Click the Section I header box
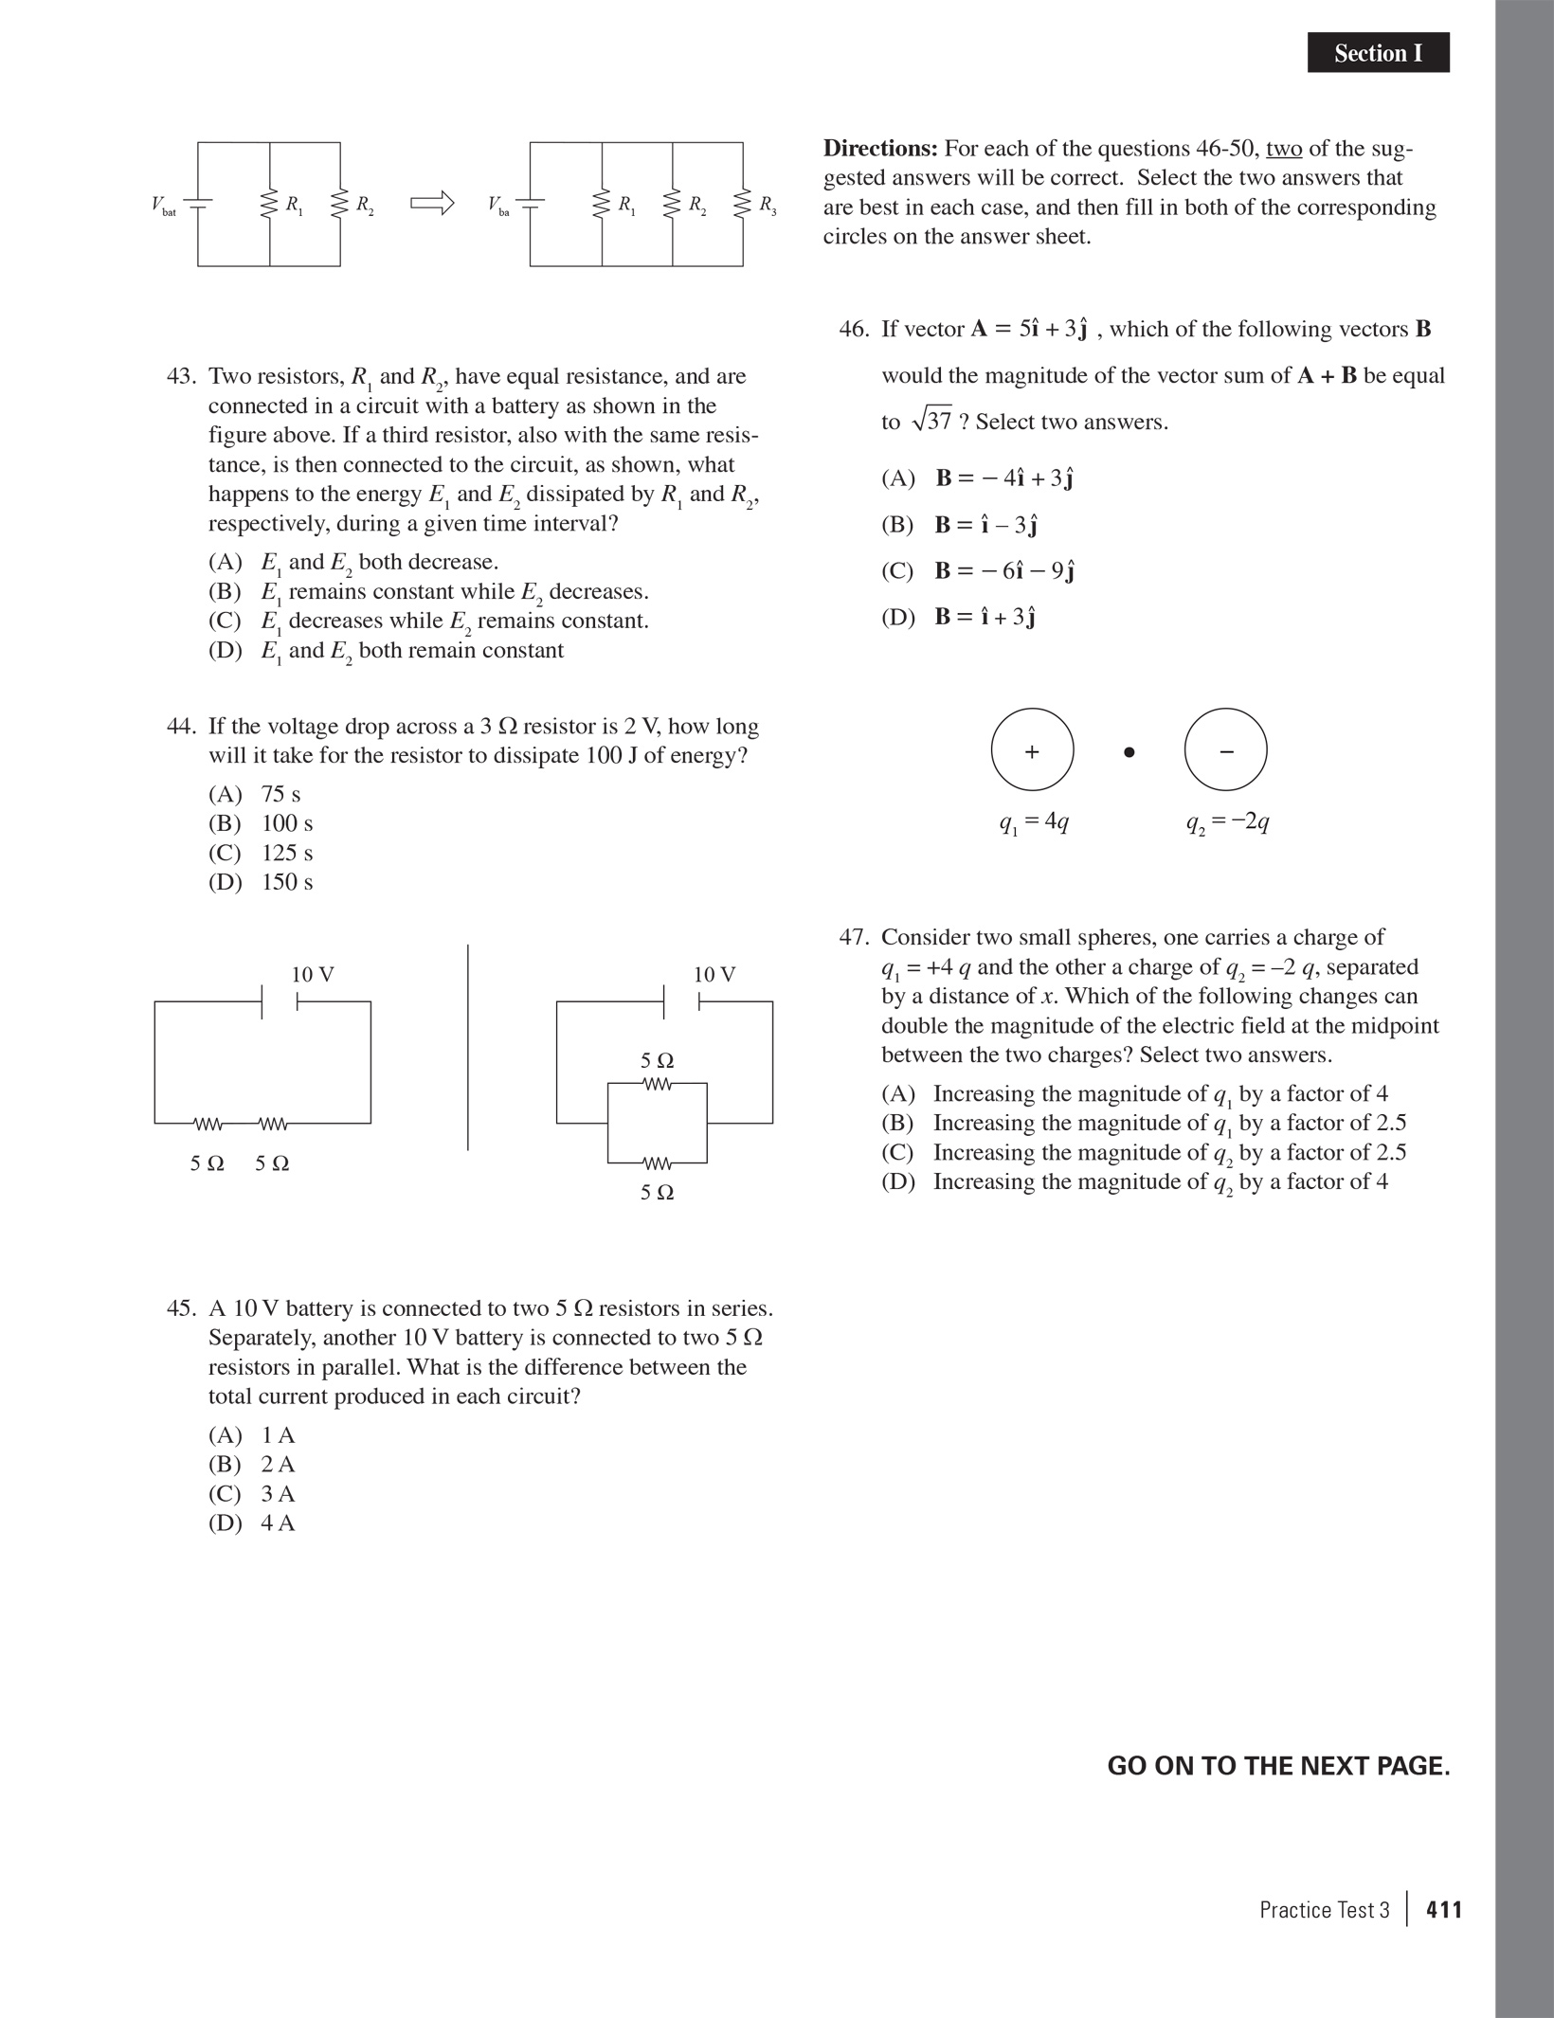tap(1378, 53)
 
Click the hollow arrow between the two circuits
tap(432, 203)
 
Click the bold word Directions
tap(879, 149)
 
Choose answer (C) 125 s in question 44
tap(262, 853)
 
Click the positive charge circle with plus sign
tap(1032, 750)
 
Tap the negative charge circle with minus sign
tap(1225, 750)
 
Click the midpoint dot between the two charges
tap(1129, 752)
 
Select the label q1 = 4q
tap(1034, 822)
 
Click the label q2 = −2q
tap(1227, 822)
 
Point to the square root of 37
tap(931, 421)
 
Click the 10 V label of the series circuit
tap(312, 975)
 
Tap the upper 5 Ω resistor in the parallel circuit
tap(657, 1083)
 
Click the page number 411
tap(1444, 1910)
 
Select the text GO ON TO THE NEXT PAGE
tap(1278, 1767)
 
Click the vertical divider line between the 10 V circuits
tap(468, 1047)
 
